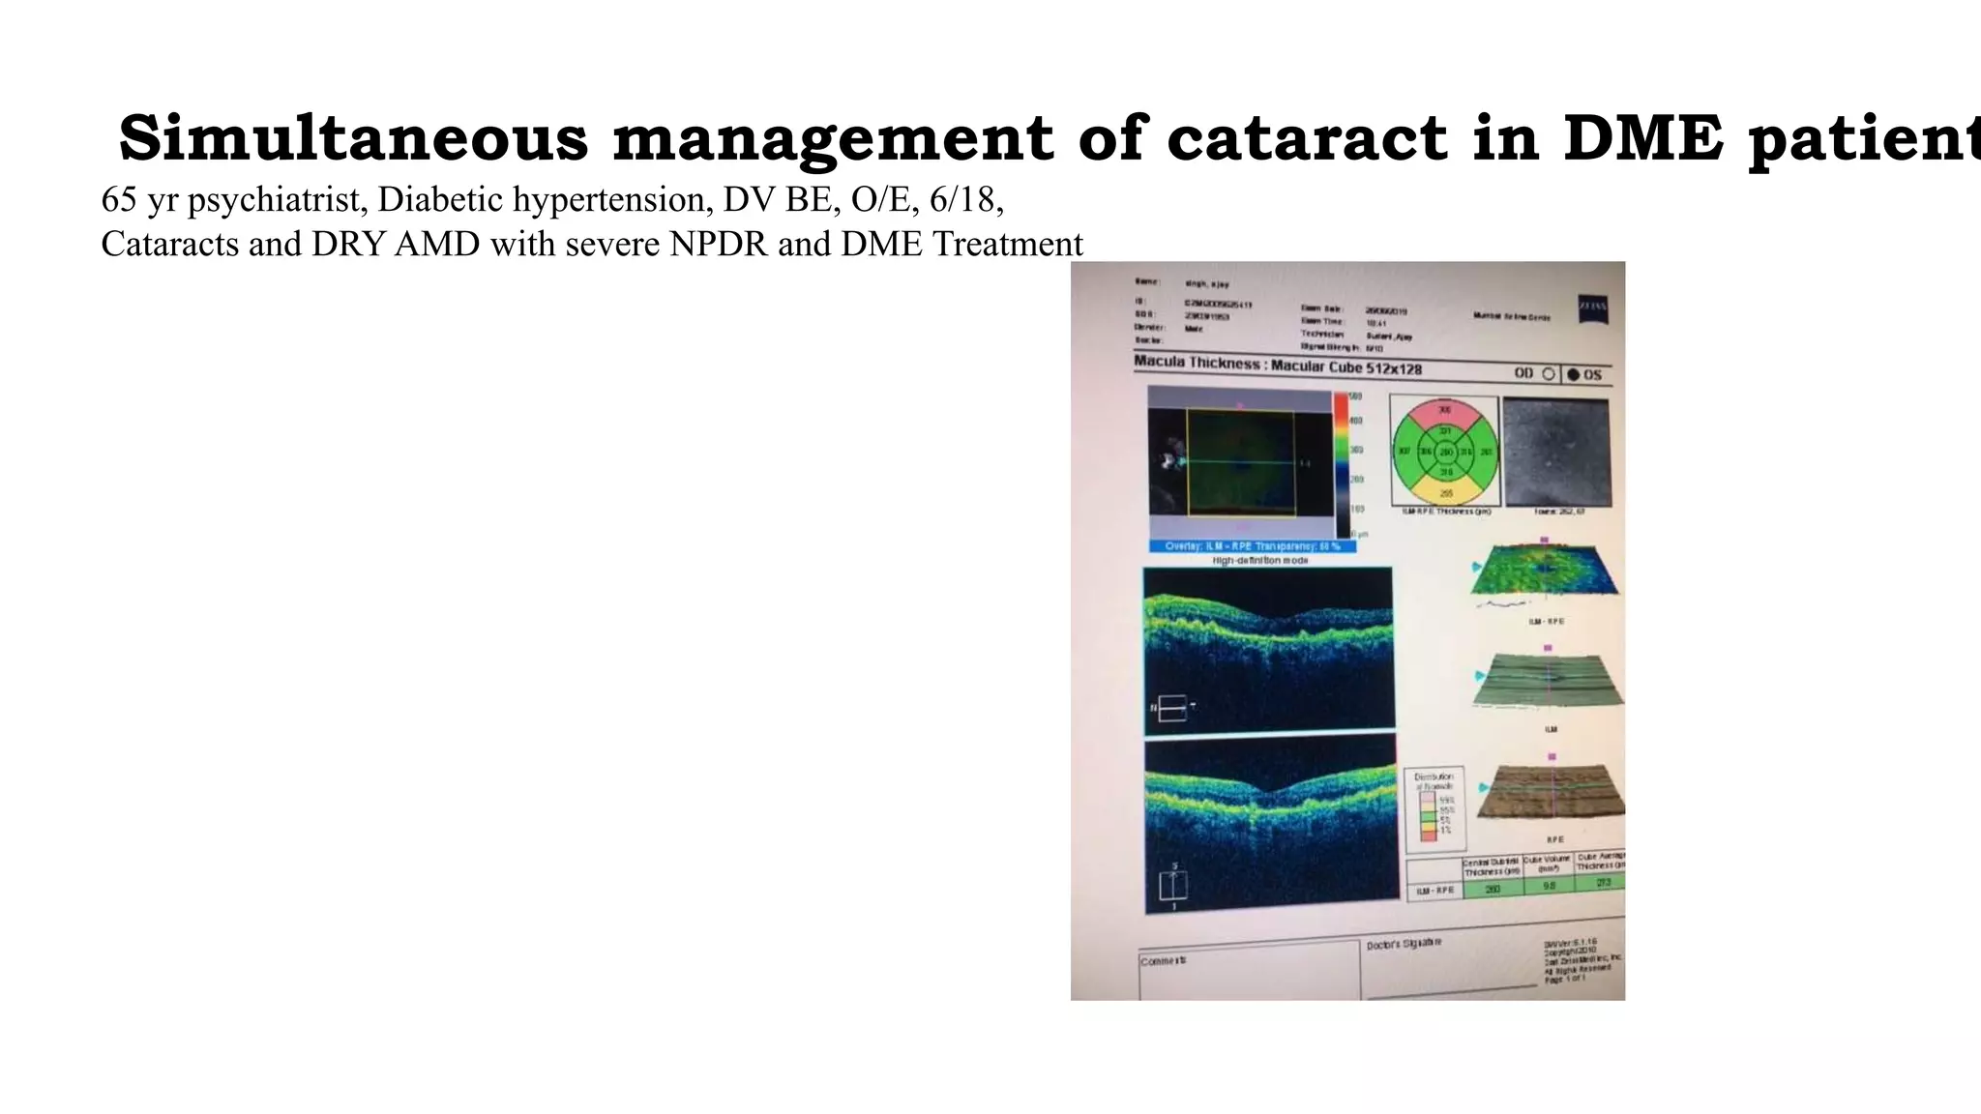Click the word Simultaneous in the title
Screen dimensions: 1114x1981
pos(353,138)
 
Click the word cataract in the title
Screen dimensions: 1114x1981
pos(1307,138)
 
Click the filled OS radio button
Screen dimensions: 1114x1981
pos(1573,374)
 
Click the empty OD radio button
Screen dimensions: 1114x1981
pos(1548,373)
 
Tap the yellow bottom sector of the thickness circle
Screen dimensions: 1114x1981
pos(1446,490)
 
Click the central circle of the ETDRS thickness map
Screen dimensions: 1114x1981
pos(1446,452)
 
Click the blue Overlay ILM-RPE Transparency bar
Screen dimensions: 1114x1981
pos(1252,546)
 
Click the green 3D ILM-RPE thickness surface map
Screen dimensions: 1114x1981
pos(1546,571)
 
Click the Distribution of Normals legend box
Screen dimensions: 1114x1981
pos(1434,808)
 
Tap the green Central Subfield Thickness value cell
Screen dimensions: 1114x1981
pos(1493,889)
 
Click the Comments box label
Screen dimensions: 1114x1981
pos(1163,960)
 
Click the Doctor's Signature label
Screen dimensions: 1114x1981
pos(1404,943)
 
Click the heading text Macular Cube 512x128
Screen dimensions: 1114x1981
pos(1345,367)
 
